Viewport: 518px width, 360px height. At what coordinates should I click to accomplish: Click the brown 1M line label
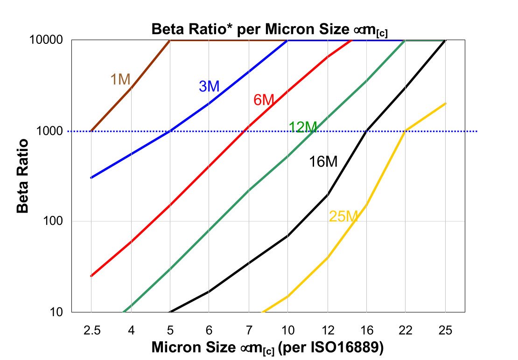pos(120,80)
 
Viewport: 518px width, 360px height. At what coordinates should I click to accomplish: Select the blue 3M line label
pos(209,86)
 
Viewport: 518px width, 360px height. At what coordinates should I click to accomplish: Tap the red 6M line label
pos(264,100)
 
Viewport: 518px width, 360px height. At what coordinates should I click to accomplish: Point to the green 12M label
pos(303,127)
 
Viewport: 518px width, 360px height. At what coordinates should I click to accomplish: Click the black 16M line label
pos(323,162)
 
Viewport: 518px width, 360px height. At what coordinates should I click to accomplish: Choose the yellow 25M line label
pos(343,216)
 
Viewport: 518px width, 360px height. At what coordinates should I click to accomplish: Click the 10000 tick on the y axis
pos(46,41)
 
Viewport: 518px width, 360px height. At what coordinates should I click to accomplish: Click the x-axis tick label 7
pos(249,331)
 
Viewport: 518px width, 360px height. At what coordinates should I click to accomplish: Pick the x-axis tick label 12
pos(327,331)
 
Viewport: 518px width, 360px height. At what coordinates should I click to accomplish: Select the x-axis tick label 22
pos(406,331)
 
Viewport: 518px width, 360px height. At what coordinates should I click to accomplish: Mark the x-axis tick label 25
pos(445,331)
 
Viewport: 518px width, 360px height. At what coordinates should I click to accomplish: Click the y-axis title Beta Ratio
pos(23,176)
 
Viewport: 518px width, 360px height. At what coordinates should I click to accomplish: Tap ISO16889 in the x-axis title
pos(348,348)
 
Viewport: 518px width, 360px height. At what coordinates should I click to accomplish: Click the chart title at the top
pos(270,29)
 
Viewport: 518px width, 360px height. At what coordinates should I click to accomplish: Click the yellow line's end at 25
pos(445,104)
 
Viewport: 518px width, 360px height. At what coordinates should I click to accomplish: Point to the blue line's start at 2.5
pos(91,178)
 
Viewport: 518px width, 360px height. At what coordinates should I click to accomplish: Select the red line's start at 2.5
pos(91,276)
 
